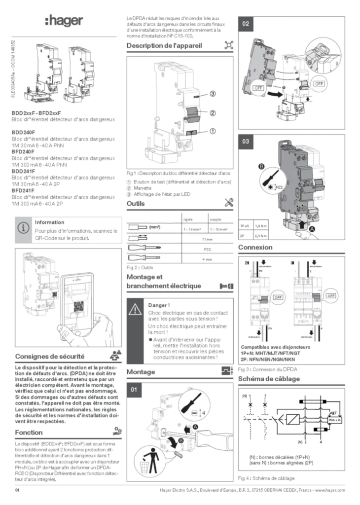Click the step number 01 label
[135, 390]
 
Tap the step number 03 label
[246, 142]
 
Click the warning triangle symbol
[135, 310]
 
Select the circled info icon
[23, 228]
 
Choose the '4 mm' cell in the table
[203, 258]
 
